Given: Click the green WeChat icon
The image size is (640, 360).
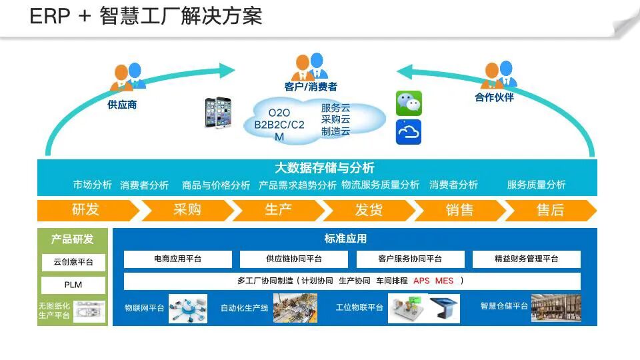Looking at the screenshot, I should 409,103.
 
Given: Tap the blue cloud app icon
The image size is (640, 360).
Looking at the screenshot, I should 409,132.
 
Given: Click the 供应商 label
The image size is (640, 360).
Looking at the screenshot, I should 122,105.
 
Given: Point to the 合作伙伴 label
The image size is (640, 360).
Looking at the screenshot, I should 494,97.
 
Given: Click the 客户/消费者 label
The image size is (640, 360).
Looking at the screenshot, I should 311,87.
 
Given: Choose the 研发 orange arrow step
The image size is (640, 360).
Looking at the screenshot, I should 86,210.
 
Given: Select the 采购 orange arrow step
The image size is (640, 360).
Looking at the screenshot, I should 187,210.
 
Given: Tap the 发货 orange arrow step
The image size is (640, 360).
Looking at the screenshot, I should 369,210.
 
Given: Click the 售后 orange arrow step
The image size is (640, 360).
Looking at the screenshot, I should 550,210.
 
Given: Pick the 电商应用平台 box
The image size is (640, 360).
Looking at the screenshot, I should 178,259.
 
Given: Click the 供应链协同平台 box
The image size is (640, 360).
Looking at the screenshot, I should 294,259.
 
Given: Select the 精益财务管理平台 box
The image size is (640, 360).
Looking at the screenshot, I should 527,259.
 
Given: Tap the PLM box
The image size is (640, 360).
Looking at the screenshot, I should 73,285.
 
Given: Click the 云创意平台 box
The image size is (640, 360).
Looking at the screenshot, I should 73,262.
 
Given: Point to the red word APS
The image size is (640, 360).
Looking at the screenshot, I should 421,281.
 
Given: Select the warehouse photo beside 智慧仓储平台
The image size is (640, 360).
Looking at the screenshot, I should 555,308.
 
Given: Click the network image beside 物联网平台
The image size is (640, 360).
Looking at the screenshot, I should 187,308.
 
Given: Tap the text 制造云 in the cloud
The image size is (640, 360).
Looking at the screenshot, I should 335,131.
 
